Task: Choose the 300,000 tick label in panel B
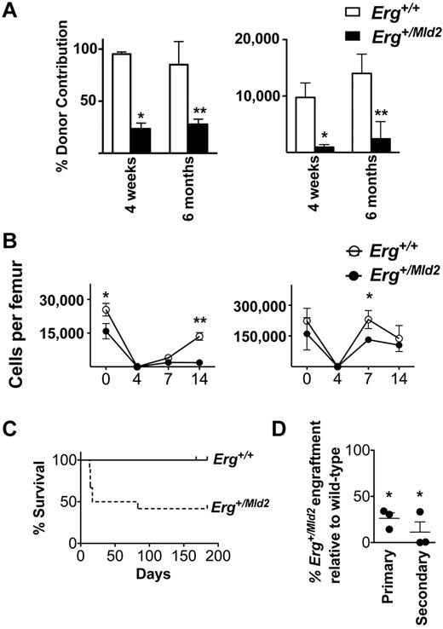pyautogui.click(x=258, y=305)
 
